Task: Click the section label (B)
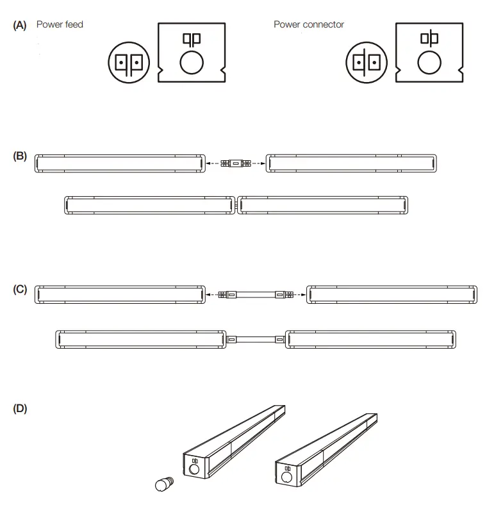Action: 20,156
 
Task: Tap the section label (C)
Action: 20,289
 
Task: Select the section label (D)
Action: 20,408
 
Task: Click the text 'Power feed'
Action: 60,24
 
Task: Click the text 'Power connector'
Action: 309,24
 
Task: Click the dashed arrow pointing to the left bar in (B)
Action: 213,164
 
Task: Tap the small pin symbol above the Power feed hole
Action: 191,39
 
